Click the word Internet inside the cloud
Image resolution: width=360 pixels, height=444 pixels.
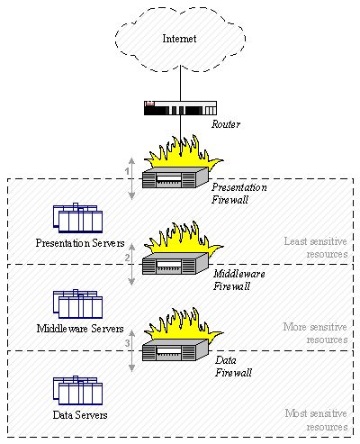(178, 39)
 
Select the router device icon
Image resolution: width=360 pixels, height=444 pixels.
(179, 109)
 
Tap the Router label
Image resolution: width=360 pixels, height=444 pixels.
(226, 125)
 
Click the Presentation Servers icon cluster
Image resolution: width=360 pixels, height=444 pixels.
(77, 219)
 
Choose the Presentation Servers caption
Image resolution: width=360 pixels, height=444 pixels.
(79, 242)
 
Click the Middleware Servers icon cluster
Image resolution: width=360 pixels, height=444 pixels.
(77, 304)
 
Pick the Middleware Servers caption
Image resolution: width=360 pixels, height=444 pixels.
(78, 328)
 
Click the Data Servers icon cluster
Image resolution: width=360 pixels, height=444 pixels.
(77, 390)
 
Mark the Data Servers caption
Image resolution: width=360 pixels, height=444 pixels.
(79, 414)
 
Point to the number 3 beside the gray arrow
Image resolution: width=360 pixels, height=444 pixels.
(128, 343)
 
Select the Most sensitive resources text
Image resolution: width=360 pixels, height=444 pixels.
(314, 420)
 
